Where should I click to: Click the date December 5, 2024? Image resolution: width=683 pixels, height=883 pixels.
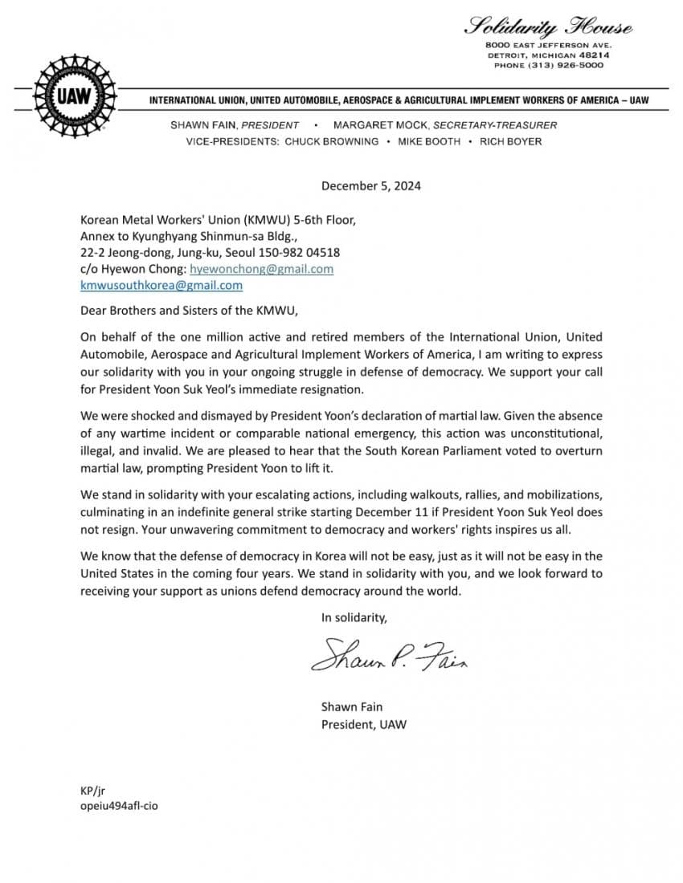pos(371,186)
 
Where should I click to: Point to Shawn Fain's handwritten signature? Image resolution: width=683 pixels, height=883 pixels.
pos(390,656)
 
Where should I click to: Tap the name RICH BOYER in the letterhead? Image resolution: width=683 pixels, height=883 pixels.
pos(511,141)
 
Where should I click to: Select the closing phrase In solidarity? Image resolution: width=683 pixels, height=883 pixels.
pos(354,617)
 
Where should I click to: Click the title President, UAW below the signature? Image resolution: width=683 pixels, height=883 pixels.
pos(364,724)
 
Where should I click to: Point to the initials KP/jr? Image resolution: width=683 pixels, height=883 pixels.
pos(93,790)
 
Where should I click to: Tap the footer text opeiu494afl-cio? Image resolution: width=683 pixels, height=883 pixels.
pos(119,805)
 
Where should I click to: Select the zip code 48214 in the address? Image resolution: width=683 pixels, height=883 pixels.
pos(594,55)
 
